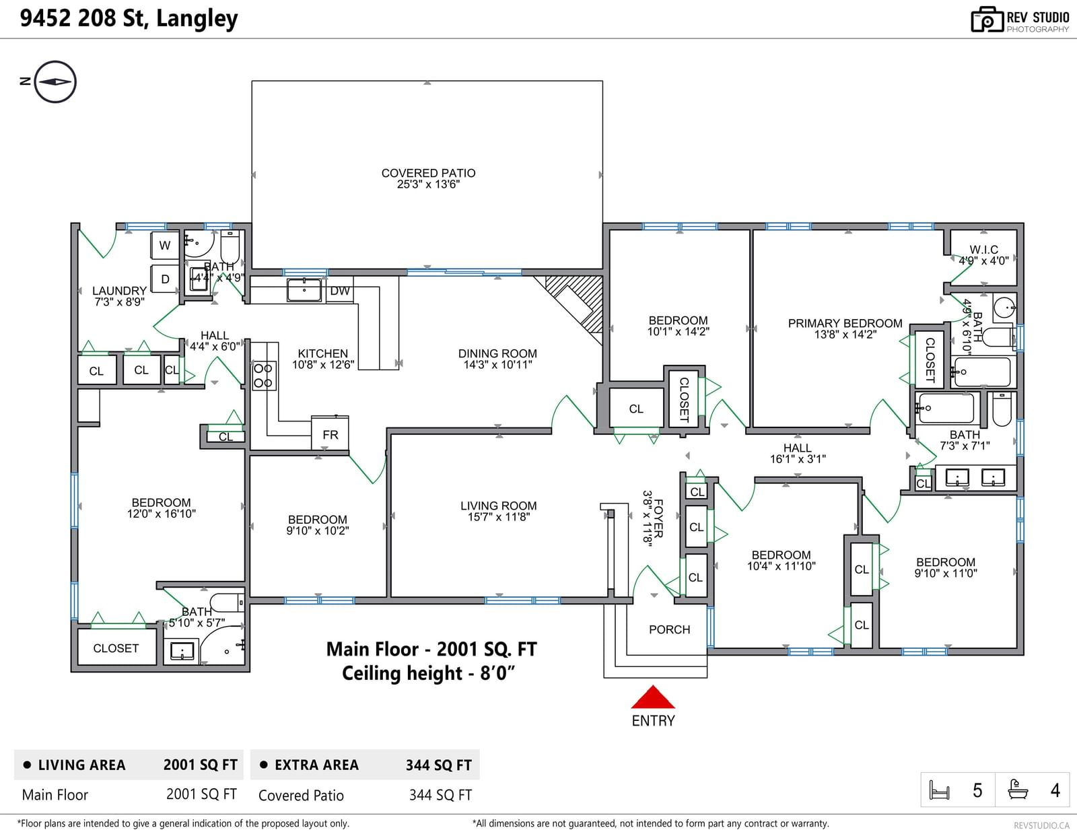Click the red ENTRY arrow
pos(653,697)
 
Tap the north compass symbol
pos(55,81)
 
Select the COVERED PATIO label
pos(428,173)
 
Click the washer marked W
pos(165,245)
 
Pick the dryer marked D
pos(165,279)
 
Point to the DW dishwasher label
pos(340,291)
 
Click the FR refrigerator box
pos(330,433)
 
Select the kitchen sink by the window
pos(304,290)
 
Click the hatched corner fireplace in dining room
pos(575,302)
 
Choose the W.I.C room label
pos(984,250)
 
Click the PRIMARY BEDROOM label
pos(845,323)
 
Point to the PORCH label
pos(669,629)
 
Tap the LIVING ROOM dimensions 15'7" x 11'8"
pos(499,517)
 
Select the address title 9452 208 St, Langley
pos(129,18)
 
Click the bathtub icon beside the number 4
pos(1018,790)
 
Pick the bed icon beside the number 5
pos(939,790)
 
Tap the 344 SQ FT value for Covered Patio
pos(440,795)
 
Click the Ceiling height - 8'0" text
pos(429,673)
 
